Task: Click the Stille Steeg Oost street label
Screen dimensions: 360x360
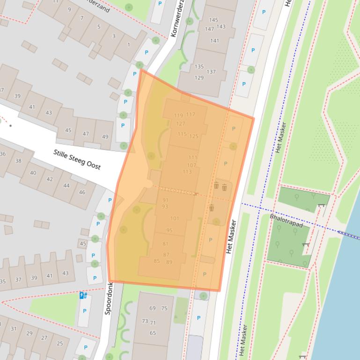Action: click(77, 159)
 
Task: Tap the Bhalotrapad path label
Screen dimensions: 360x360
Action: click(287, 221)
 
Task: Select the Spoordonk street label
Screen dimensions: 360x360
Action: click(108, 299)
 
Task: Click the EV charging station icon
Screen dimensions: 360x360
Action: click(83, 295)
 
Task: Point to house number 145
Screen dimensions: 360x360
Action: click(213, 20)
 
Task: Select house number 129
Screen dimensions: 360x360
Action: click(199, 78)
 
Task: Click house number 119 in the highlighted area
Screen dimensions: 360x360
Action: click(178, 115)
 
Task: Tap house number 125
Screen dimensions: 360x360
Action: click(193, 137)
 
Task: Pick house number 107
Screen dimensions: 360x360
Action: click(191, 165)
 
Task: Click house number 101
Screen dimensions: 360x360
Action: click(175, 218)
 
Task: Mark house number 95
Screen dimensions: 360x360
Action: click(169, 230)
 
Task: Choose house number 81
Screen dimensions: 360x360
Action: click(165, 244)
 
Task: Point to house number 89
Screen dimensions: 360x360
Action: click(169, 262)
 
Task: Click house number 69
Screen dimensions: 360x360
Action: click(153, 308)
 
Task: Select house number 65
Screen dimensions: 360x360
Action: click(153, 333)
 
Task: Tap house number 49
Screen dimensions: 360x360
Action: click(105, 137)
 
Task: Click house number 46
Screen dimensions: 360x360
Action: click(82, 192)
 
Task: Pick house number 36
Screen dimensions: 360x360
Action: click(3, 154)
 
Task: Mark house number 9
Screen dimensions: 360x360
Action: click(70, 9)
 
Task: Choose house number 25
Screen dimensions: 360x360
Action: click(59, 344)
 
